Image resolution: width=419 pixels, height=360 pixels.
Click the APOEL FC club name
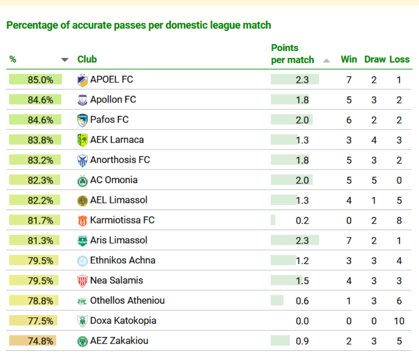(x=111, y=80)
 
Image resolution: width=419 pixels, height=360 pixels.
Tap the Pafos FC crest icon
(x=82, y=120)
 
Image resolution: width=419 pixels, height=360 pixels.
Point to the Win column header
(x=349, y=59)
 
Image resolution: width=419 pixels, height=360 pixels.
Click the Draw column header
(x=375, y=59)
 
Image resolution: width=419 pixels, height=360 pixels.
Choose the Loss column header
(x=399, y=59)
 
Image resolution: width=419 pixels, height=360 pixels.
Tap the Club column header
(x=87, y=59)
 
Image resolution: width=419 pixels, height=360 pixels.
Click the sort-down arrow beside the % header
(x=65, y=60)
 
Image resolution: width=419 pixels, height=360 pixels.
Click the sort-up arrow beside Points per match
(x=326, y=61)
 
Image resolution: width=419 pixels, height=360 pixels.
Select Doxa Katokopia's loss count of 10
(x=399, y=321)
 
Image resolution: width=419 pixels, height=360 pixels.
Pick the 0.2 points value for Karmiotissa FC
(x=302, y=221)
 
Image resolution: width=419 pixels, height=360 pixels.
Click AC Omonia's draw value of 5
(x=374, y=180)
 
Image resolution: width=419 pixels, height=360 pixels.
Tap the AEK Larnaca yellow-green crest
(x=82, y=140)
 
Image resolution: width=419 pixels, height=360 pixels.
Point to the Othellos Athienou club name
(x=127, y=301)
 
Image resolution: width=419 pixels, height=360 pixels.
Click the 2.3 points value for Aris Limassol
(x=302, y=241)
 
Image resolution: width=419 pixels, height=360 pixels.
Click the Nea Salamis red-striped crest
(x=82, y=281)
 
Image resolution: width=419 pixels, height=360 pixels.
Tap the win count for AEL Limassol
(x=349, y=200)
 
